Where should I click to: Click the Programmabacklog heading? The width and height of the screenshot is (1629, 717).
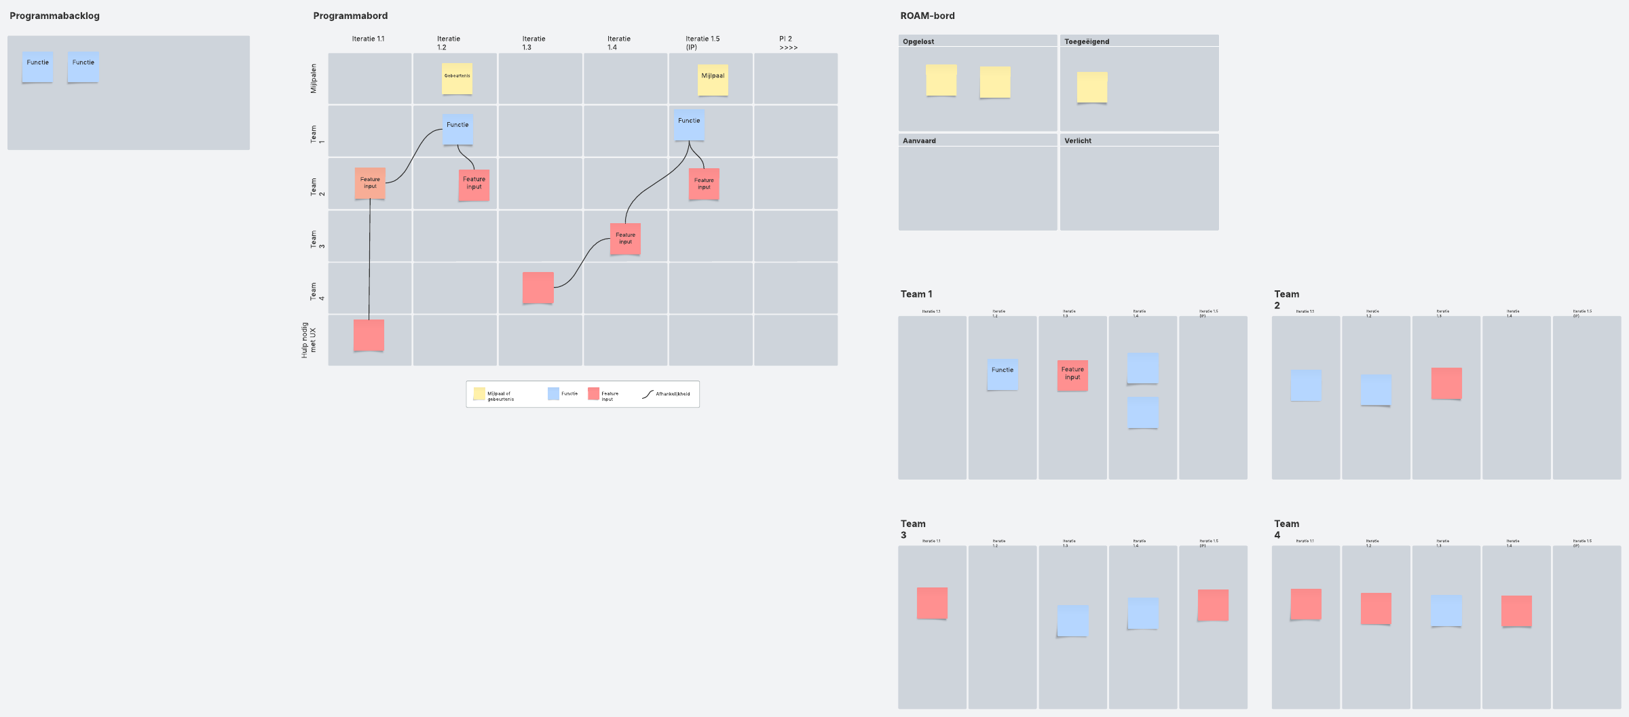(x=54, y=16)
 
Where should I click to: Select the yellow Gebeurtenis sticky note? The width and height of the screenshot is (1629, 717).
(x=457, y=79)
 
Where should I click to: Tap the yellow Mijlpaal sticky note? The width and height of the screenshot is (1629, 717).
(x=713, y=80)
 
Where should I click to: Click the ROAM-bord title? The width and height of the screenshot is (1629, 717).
(x=927, y=16)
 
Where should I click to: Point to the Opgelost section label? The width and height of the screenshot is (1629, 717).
(x=918, y=41)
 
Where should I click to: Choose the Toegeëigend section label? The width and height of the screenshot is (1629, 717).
(x=1087, y=41)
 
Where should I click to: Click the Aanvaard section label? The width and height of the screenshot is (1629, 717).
(x=919, y=140)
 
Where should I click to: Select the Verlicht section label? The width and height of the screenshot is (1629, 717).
(x=1078, y=140)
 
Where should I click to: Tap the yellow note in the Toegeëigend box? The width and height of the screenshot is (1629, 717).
(x=1092, y=88)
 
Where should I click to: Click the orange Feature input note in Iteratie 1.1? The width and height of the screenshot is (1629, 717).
(x=370, y=183)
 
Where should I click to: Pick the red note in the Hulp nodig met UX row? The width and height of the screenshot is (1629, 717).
(x=369, y=335)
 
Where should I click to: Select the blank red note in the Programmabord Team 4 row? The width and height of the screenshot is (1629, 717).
(x=538, y=288)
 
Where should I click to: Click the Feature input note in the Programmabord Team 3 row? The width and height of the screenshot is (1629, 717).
(x=625, y=239)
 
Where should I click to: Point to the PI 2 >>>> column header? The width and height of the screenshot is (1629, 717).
(x=788, y=43)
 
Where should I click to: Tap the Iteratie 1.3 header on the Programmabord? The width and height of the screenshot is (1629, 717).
(x=533, y=43)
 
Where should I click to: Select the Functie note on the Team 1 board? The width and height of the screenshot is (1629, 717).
(x=1003, y=374)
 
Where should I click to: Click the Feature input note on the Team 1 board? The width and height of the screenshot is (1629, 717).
(x=1072, y=375)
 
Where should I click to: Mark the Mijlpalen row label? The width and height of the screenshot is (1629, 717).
(x=314, y=79)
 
